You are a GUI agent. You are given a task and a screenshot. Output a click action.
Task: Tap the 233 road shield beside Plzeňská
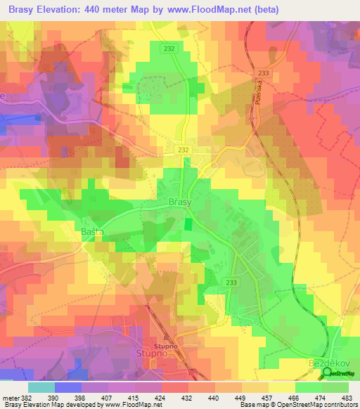(x=263, y=73)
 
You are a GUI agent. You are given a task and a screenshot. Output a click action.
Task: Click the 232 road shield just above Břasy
(x=184, y=150)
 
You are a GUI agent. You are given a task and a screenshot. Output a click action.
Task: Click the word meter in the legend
(x=9, y=398)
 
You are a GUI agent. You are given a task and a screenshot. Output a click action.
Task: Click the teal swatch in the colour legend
(x=41, y=387)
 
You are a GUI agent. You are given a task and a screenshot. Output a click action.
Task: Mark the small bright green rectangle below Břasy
(x=188, y=225)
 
